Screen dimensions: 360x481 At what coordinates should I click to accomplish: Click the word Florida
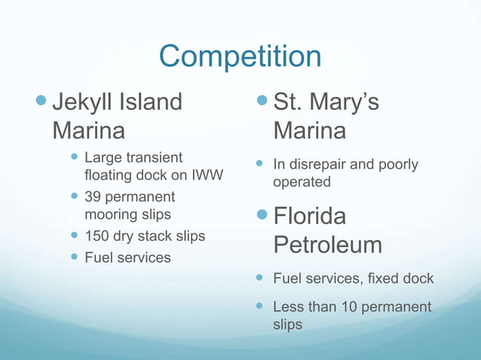pyautogui.click(x=310, y=218)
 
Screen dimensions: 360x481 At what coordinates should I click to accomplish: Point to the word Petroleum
pyautogui.click(x=327, y=246)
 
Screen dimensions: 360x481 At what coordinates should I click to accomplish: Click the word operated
pyautogui.click(x=302, y=182)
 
